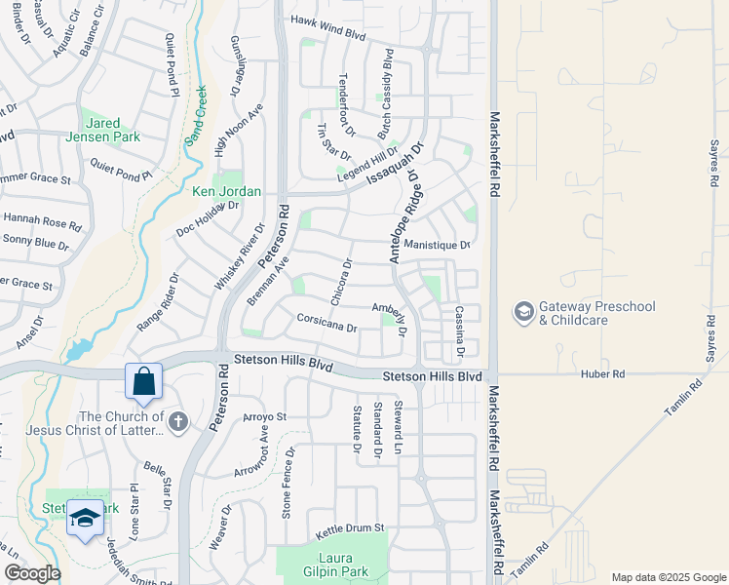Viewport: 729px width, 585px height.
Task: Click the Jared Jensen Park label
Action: [110, 130]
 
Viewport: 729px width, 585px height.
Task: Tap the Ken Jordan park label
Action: [226, 192]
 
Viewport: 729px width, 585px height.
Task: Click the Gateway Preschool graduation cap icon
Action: [523, 312]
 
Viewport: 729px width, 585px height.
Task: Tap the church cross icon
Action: [176, 421]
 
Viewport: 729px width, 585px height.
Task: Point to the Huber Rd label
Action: [604, 373]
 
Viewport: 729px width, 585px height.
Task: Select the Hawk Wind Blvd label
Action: [326, 30]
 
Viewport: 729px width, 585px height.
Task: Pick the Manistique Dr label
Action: [437, 245]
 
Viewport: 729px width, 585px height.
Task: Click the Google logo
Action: [32, 572]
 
